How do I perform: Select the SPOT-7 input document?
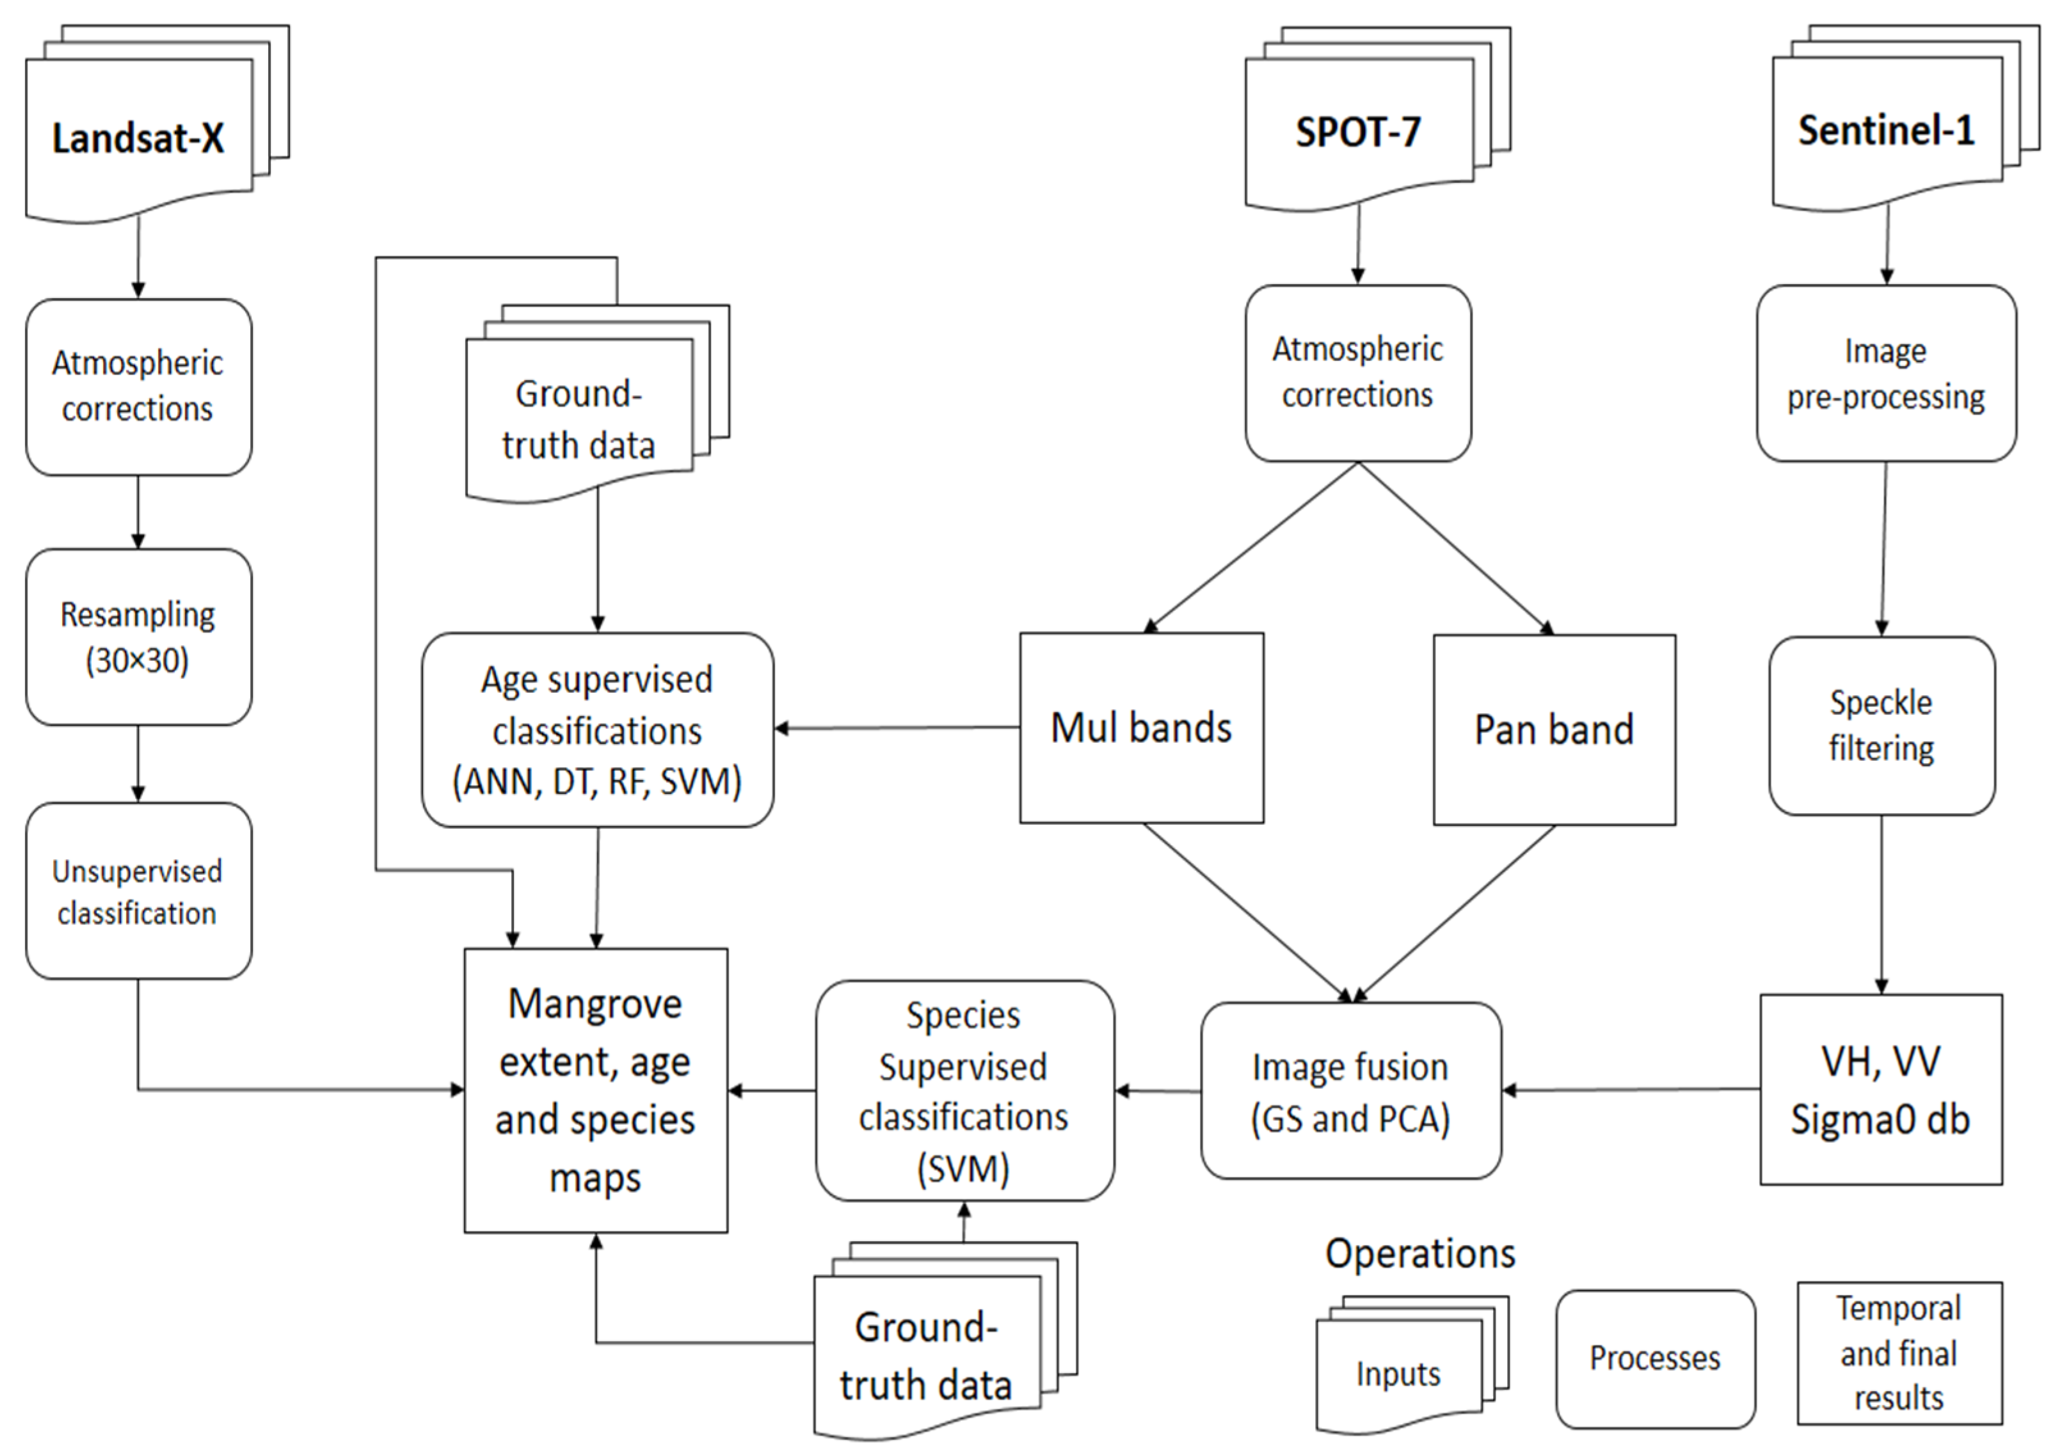pos(1359,132)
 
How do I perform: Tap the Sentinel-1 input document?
pos(1887,131)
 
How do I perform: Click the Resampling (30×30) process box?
pos(139,637)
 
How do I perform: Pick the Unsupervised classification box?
pos(139,891)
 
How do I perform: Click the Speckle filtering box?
pos(1881,726)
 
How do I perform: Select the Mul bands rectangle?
pos(1142,728)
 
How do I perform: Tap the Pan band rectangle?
pos(1554,730)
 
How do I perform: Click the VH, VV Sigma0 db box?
pos(1881,1090)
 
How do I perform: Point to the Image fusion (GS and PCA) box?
pos(1350,1091)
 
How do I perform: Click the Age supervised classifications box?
pos(598,730)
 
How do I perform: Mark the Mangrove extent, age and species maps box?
pos(596,1091)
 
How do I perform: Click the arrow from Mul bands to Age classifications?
pos(895,728)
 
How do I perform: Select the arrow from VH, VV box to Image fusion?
pos(1629,1090)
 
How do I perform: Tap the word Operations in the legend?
pos(1420,1253)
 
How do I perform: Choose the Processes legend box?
pos(1655,1358)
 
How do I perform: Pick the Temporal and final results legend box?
pos(1899,1353)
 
